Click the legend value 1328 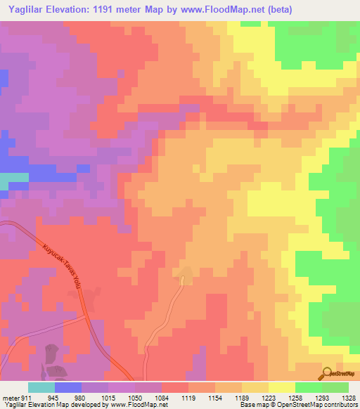pyautogui.click(x=349, y=398)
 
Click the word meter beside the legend pyautogui.click(x=11, y=398)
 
